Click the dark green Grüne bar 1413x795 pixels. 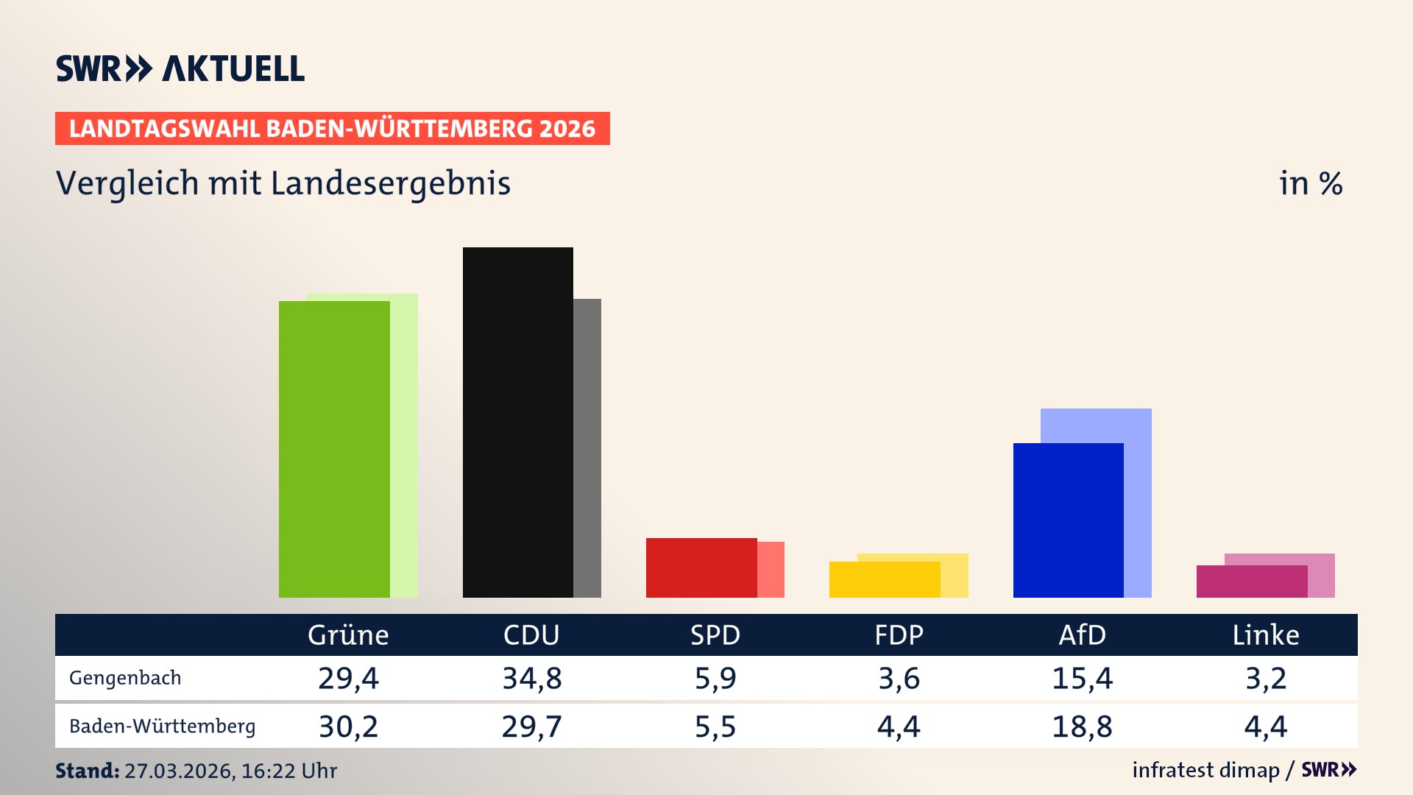(x=334, y=449)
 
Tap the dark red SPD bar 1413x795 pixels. (x=701, y=568)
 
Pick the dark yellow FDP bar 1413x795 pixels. (x=884, y=579)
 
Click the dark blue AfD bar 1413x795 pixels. (x=1068, y=520)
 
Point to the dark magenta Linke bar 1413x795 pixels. (x=1251, y=582)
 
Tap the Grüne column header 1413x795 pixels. (x=348, y=635)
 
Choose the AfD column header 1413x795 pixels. (x=1082, y=635)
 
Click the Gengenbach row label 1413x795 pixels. (x=125, y=678)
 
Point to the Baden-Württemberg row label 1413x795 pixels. (x=162, y=727)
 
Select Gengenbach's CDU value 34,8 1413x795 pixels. (x=531, y=678)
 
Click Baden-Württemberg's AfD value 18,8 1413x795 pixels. (x=1082, y=727)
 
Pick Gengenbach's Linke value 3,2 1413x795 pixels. (x=1266, y=678)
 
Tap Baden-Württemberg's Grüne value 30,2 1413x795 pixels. (x=348, y=727)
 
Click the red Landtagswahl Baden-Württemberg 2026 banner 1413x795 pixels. (x=332, y=129)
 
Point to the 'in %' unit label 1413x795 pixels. (x=1311, y=183)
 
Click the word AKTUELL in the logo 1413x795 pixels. (x=233, y=69)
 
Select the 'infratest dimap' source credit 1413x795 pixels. (x=1205, y=770)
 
